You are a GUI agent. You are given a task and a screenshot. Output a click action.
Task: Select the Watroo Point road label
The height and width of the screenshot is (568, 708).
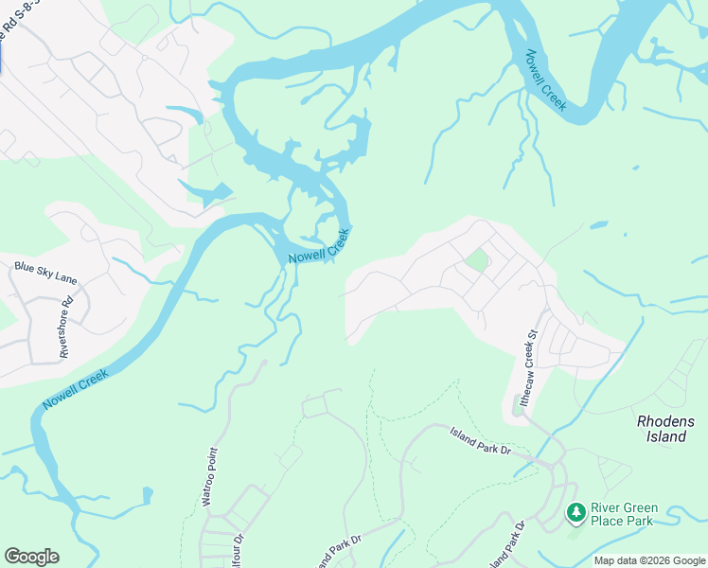[211, 476]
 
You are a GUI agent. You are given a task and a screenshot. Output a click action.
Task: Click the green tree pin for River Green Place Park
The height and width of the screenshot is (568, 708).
[575, 512]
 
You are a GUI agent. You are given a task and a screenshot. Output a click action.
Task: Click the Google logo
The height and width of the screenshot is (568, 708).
[31, 557]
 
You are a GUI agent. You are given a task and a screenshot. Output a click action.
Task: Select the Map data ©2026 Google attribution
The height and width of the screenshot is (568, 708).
[649, 560]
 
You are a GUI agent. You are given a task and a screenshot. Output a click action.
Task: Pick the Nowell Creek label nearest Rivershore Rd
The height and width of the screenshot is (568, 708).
[75, 389]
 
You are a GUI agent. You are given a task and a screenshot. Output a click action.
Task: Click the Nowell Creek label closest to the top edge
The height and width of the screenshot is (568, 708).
[546, 80]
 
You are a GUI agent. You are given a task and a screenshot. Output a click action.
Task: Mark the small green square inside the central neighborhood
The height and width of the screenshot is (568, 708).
[478, 259]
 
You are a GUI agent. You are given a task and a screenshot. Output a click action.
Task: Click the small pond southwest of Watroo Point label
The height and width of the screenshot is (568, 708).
[146, 495]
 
